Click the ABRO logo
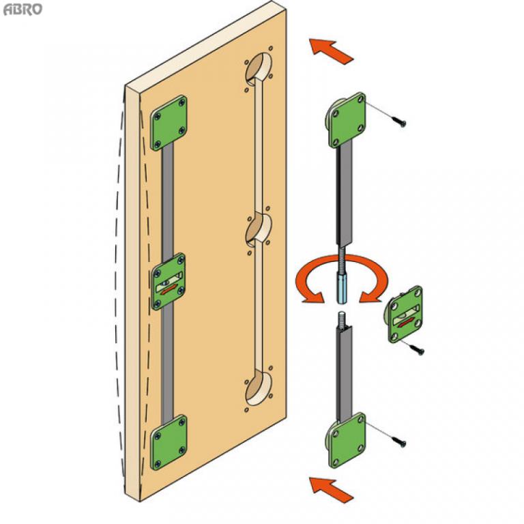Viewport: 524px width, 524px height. pos(23,10)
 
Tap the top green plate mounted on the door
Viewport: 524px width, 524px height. pos(169,123)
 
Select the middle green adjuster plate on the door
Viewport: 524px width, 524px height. pos(169,281)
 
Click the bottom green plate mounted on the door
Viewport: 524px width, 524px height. pos(169,442)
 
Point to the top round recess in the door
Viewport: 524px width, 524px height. pos(259,70)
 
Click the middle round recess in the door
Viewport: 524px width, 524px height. pos(259,231)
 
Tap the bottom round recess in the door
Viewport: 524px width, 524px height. pos(259,388)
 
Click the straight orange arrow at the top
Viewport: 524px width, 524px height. pos(331,50)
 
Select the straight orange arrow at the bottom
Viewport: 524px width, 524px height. pos(331,490)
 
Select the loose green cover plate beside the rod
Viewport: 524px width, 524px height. pos(405,314)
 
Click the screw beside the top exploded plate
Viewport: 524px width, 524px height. pos(400,122)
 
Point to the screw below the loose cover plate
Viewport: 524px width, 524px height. pos(418,349)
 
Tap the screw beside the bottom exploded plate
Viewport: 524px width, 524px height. pos(400,441)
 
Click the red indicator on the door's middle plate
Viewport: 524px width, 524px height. pos(169,289)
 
